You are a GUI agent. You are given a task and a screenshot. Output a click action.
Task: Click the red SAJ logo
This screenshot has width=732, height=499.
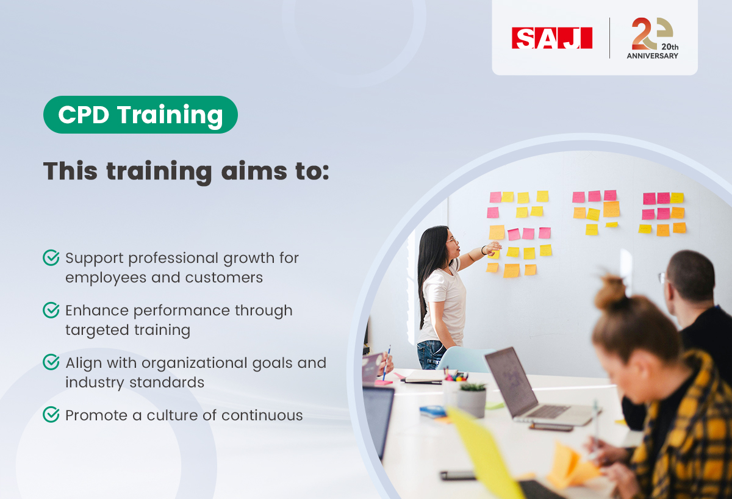(x=552, y=37)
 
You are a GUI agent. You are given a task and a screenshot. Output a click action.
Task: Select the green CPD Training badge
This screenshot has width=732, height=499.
(x=140, y=115)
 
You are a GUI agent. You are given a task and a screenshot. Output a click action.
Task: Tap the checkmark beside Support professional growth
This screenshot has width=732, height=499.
(x=51, y=258)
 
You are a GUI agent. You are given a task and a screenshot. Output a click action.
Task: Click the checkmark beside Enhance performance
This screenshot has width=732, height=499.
(x=51, y=311)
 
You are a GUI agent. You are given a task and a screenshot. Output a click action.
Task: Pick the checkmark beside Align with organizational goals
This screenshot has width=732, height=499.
(x=51, y=363)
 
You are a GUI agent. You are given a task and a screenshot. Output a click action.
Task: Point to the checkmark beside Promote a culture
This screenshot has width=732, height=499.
(x=51, y=415)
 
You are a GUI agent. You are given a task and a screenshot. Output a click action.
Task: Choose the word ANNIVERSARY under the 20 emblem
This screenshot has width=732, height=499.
(x=652, y=56)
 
